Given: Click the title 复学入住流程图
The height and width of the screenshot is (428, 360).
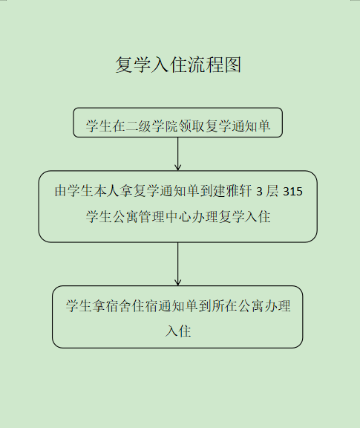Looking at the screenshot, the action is click(178, 65).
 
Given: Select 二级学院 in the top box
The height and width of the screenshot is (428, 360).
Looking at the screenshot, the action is click(151, 126).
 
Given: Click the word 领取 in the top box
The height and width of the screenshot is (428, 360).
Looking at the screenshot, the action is click(192, 126).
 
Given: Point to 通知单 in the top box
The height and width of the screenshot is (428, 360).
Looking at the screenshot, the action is click(251, 126).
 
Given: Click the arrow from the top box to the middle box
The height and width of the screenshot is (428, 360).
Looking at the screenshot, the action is click(178, 154).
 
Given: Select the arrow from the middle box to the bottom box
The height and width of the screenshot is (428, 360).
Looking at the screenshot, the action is click(178, 264).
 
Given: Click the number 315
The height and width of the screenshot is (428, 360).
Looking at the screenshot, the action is click(293, 192).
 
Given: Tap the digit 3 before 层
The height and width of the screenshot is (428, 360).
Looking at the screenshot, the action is click(259, 192).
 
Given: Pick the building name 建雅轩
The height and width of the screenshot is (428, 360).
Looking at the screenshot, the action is click(232, 191).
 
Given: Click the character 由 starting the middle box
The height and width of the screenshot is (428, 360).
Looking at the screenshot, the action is click(61, 191).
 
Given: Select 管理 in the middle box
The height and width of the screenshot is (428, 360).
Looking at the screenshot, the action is click(151, 217).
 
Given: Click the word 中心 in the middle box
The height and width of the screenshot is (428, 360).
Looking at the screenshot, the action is click(178, 217).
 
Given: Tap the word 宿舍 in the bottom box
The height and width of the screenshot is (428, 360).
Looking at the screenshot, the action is click(119, 306).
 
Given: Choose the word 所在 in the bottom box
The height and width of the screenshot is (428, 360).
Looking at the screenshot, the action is click(224, 306).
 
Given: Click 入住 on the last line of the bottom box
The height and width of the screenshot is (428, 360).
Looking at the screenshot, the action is click(178, 331).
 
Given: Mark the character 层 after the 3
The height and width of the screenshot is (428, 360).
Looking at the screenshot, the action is click(272, 191).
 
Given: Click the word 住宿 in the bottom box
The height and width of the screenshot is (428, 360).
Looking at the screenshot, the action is click(145, 306).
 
